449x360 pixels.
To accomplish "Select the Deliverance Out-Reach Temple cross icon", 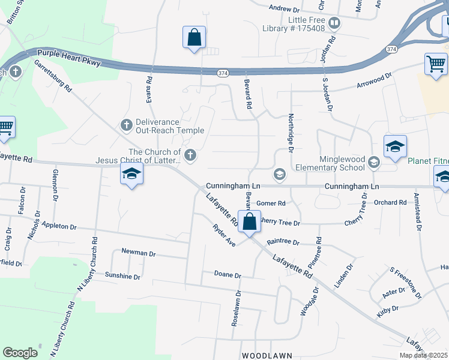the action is click(x=126, y=125).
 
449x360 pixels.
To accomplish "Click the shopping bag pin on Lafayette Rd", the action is click(x=249, y=221).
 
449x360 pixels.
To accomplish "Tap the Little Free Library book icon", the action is click(x=334, y=24).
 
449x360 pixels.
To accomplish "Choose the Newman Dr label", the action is click(x=138, y=253).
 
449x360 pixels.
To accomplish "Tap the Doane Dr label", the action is click(x=228, y=275).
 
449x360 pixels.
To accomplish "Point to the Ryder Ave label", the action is click(x=224, y=235).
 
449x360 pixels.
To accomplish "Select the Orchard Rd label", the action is click(x=390, y=203).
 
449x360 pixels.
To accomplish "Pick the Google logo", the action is click(x=20, y=353).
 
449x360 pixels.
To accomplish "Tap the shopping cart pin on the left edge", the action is click(x=5, y=128).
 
